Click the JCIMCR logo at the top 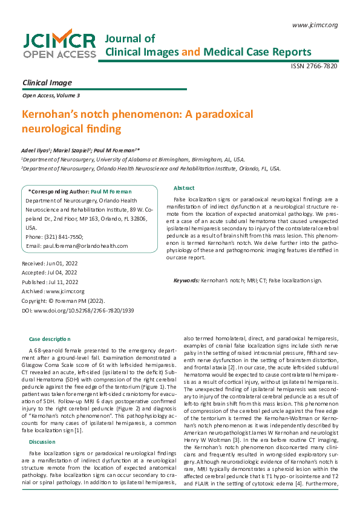coord(59,45)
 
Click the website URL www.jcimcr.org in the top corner coord(314,25)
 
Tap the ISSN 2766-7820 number coord(314,66)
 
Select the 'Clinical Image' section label coord(47,82)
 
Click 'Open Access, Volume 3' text coord(50,96)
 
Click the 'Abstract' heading coord(184,188)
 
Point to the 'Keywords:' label coord(186,280)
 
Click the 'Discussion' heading coord(42,425)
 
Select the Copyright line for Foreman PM coord(63,300)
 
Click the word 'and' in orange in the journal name coord(191,52)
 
